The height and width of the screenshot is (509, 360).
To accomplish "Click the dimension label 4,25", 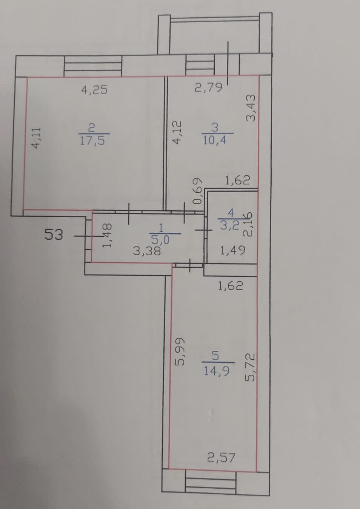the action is click(x=94, y=90).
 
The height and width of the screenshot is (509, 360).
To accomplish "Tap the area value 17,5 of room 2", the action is click(x=92, y=141).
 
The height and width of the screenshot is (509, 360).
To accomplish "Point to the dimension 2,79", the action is click(x=208, y=88).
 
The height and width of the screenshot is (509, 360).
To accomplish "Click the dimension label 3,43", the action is click(x=251, y=107).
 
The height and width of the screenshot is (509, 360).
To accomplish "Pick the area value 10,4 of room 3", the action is click(x=215, y=140).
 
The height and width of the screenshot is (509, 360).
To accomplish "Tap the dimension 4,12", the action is click(x=177, y=132).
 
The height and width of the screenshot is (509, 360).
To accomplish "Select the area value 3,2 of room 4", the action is click(x=229, y=225).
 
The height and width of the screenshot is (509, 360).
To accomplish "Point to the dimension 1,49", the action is click(x=232, y=250).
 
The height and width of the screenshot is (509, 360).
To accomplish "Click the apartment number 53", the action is click(x=54, y=235).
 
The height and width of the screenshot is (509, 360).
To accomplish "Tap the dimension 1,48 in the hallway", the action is click(x=107, y=236).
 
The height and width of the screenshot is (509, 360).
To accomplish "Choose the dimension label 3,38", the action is click(x=147, y=251).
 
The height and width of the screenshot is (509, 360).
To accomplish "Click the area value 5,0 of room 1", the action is click(x=160, y=239).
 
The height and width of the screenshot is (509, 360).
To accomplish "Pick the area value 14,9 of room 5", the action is click(x=216, y=371).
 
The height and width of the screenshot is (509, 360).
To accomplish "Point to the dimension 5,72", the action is click(x=251, y=368).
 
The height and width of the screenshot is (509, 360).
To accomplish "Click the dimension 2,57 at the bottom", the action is click(x=221, y=458).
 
